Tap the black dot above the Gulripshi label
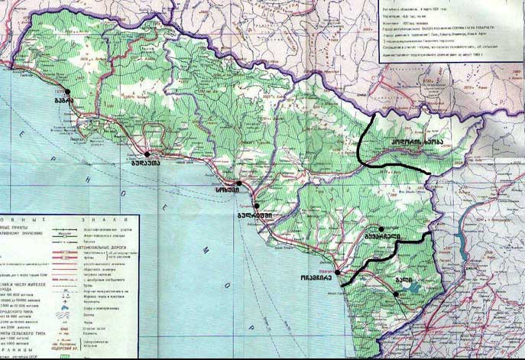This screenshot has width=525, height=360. (x=257, y=206)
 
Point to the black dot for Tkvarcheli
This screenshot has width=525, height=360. (x=381, y=229)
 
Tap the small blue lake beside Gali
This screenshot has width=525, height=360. (x=413, y=289)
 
